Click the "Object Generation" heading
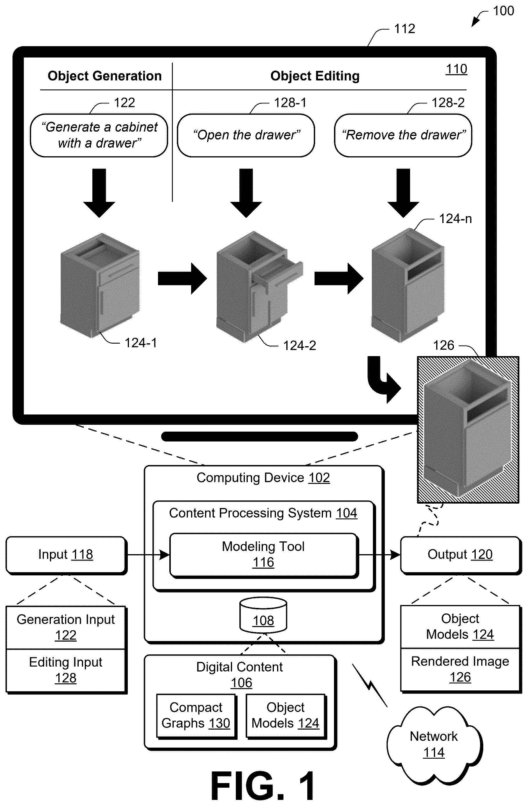[x=105, y=76]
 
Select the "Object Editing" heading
[x=315, y=76]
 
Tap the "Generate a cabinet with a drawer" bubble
[x=99, y=135]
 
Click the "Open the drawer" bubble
[x=246, y=135]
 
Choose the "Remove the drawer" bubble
[x=403, y=135]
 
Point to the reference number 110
[x=456, y=69]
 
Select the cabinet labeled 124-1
[x=100, y=285]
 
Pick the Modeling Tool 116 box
[x=263, y=555]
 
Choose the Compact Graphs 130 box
[x=196, y=716]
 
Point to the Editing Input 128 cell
[x=66, y=670]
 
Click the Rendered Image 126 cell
[x=460, y=669]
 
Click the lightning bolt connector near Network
[x=370, y=685]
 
